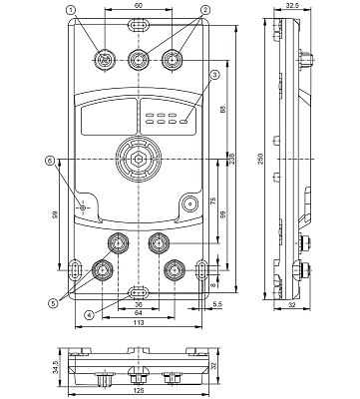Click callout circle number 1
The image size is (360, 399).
[71, 10]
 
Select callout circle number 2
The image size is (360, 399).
[204, 10]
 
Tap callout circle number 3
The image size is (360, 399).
[214, 75]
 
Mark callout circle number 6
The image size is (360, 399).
[49, 160]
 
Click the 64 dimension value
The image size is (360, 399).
[139, 312]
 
